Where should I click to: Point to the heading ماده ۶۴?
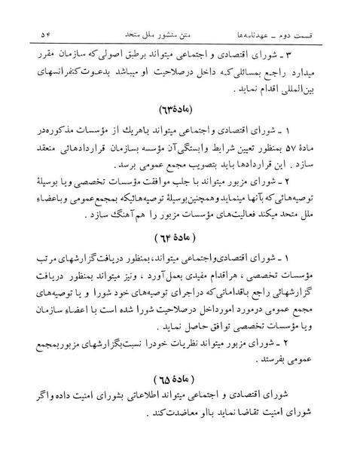click(181, 239)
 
